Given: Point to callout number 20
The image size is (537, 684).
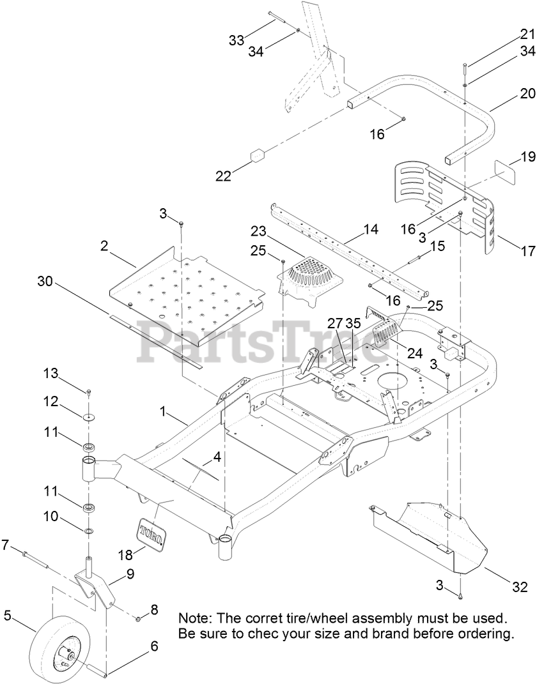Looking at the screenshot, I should (x=509, y=93).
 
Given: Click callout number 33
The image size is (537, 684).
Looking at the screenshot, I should (x=237, y=40).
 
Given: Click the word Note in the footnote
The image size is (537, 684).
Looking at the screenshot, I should (x=194, y=619).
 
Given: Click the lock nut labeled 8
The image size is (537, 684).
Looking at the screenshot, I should (x=138, y=618).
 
